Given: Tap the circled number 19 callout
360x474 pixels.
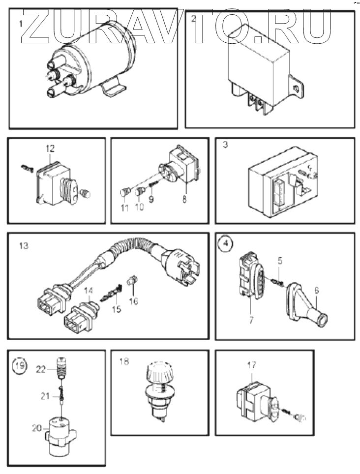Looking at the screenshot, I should coord(20,366).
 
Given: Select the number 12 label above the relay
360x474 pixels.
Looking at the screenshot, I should coord(51,148).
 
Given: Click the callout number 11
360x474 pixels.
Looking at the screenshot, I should coord(124,208).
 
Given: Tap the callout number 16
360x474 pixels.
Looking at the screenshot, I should coord(134,301).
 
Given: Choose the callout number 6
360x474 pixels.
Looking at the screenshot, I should coord(316,291).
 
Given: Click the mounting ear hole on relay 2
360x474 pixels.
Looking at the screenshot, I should coord(295,89).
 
